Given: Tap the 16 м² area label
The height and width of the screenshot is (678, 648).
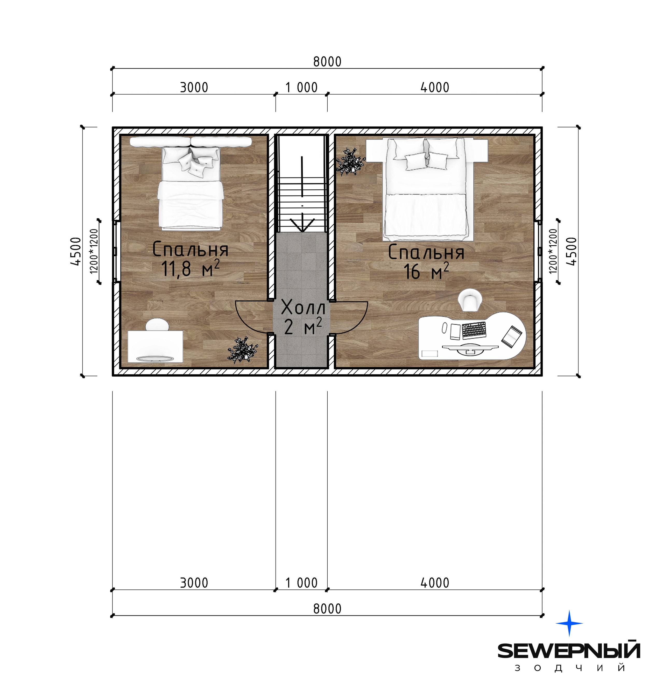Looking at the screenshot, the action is (426, 271).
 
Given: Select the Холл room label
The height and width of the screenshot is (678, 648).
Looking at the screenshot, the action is (303, 307).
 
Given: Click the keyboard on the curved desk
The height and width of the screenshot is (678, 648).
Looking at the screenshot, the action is (474, 330).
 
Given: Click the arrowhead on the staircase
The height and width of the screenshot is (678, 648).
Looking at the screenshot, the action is (302, 225).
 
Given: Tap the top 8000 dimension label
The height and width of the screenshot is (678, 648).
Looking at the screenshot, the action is (327, 62).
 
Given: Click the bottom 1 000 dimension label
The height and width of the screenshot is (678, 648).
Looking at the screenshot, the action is (301, 583).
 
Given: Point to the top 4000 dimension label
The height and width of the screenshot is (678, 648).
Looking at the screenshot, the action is (435, 87).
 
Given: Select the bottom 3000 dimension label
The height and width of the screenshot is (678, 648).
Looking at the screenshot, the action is (194, 583).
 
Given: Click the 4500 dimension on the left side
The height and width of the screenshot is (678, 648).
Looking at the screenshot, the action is (76, 251).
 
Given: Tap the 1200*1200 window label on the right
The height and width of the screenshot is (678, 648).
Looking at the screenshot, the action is (553, 251).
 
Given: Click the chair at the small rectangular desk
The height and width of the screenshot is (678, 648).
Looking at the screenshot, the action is (157, 325).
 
